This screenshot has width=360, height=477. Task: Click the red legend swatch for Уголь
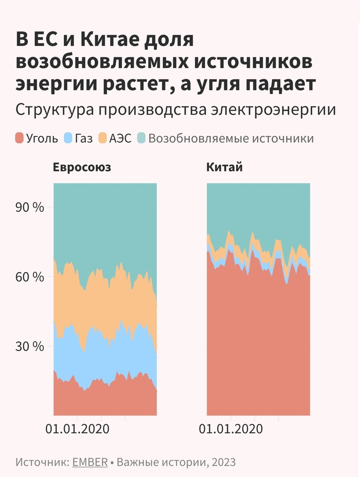point(20,138)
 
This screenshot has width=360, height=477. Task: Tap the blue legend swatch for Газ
point(68,138)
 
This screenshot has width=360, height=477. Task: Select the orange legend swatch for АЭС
point(102,138)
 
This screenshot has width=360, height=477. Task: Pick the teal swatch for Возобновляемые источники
point(141,138)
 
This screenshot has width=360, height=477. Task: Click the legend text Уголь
point(42,139)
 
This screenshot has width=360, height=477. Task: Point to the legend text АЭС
point(120,139)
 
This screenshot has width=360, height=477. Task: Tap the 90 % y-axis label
point(31,208)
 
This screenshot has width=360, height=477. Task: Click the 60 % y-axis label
point(31,277)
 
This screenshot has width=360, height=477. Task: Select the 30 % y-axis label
point(31,346)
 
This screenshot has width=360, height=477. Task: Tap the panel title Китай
point(225,168)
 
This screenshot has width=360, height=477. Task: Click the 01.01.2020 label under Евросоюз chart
point(77,429)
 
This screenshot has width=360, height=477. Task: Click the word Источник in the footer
point(42,462)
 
